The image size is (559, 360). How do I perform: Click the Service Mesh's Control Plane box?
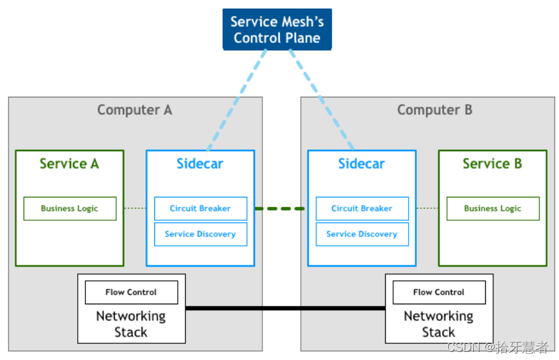277,30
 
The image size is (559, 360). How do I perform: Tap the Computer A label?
134,109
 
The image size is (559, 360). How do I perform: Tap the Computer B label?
434,109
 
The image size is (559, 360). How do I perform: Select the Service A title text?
69,163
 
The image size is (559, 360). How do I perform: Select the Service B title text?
492,163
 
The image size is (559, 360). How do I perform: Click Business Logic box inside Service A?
70,208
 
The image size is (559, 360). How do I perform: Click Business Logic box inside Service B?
493,208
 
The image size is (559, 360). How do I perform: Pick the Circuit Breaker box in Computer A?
200,208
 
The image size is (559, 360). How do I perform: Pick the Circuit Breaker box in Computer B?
362,208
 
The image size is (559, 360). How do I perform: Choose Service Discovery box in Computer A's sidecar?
200,234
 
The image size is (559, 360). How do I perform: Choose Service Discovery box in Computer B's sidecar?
362,234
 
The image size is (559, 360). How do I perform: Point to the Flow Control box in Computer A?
131,292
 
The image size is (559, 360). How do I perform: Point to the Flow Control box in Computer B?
439,292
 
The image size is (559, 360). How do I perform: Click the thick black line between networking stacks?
285,308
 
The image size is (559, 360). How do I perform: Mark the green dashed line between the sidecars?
281,208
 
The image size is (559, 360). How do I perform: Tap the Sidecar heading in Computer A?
200,163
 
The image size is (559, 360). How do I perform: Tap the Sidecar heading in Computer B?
362,163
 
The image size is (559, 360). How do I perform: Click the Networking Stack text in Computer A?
131,324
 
